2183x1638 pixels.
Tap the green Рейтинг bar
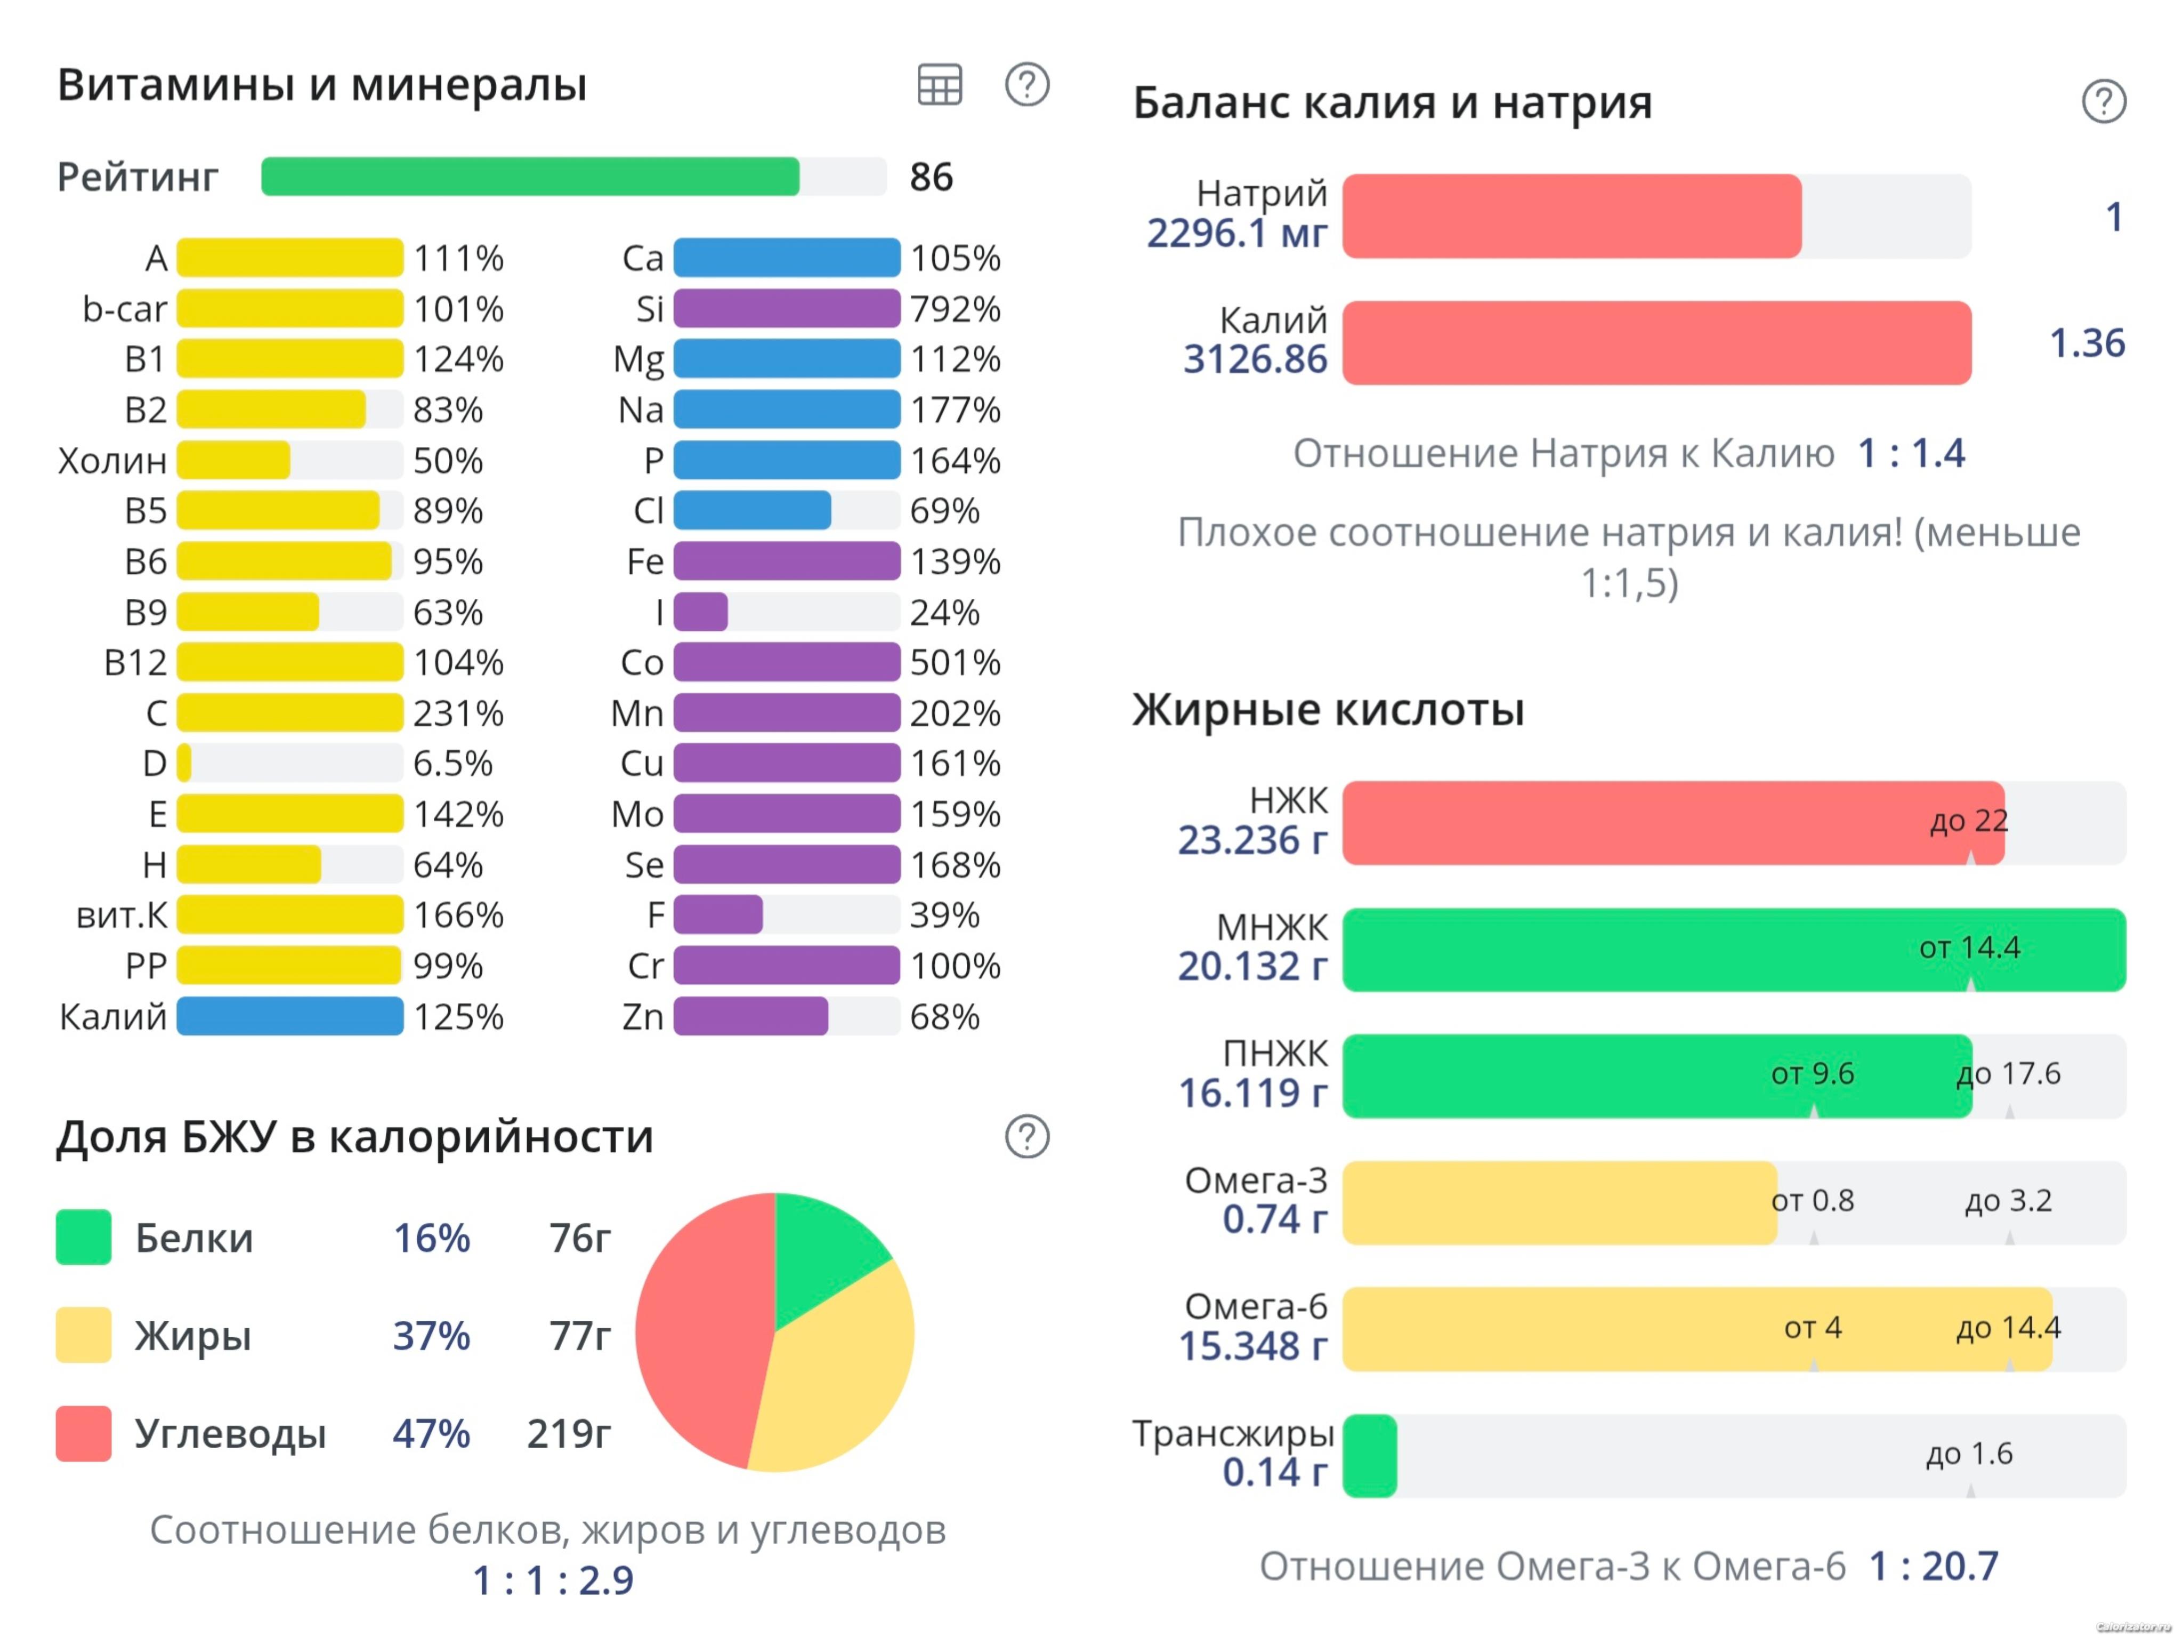530,176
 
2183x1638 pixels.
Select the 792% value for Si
955,309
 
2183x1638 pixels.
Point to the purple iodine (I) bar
701,612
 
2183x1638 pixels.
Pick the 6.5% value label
452,763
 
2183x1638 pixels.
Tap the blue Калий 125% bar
290,1016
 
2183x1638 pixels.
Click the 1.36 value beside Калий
2087,343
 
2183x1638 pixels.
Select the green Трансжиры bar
1370,1455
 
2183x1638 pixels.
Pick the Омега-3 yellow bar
1559,1202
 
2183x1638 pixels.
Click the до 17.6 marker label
2008,1073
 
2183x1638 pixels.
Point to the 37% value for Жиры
431,1335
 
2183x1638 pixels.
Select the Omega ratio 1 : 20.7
1934,1566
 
